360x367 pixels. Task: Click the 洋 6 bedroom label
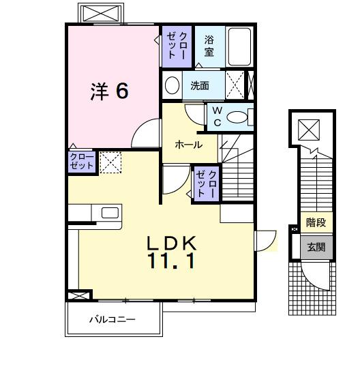(x=109, y=91)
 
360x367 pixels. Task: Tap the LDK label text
(x=172, y=242)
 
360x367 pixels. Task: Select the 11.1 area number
(x=172, y=260)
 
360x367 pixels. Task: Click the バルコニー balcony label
(x=112, y=319)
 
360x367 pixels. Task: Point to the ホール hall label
(x=187, y=144)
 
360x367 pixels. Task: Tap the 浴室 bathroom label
(x=209, y=46)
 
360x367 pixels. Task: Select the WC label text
(x=216, y=117)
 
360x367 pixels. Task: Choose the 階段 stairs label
(x=316, y=223)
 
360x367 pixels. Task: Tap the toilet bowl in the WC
(x=237, y=118)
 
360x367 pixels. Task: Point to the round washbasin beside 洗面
(x=172, y=87)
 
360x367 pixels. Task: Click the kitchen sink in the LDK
(x=110, y=212)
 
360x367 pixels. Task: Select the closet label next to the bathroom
(x=177, y=44)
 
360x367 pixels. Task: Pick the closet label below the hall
(x=207, y=182)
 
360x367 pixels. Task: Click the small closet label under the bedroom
(x=81, y=161)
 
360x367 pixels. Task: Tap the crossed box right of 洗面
(x=237, y=86)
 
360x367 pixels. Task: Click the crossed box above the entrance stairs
(x=309, y=128)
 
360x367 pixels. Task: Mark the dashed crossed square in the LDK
(x=110, y=161)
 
